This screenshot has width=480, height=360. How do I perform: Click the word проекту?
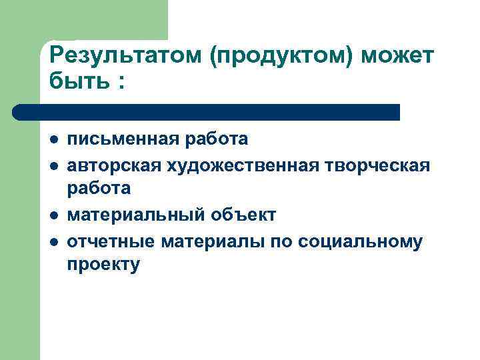point(103,265)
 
